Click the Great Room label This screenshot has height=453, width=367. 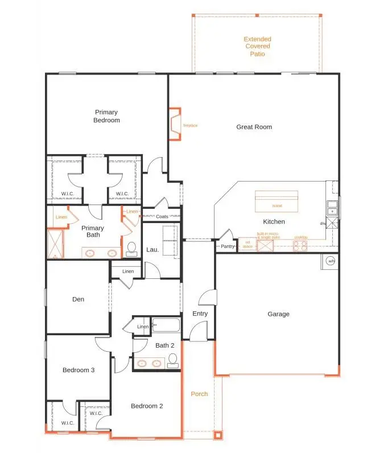(254, 127)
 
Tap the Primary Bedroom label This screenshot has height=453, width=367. (107, 116)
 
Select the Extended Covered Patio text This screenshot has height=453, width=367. (257, 47)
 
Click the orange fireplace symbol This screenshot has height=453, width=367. (174, 124)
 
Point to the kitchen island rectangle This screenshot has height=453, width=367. (277, 201)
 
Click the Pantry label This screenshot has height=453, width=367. (228, 246)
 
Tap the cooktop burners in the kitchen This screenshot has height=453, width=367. (300, 246)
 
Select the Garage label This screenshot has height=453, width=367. (278, 314)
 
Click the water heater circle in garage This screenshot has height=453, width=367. (331, 262)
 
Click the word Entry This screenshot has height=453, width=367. (200, 314)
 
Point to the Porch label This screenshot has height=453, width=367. (199, 394)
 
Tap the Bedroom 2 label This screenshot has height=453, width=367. (147, 406)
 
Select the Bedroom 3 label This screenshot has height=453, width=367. (78, 370)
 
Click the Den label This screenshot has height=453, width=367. (79, 299)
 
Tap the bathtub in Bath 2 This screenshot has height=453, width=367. (166, 326)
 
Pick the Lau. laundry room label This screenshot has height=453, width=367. (152, 249)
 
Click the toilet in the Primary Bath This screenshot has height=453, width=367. (131, 249)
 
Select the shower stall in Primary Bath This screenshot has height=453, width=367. (55, 243)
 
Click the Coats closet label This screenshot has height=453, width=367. (162, 217)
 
